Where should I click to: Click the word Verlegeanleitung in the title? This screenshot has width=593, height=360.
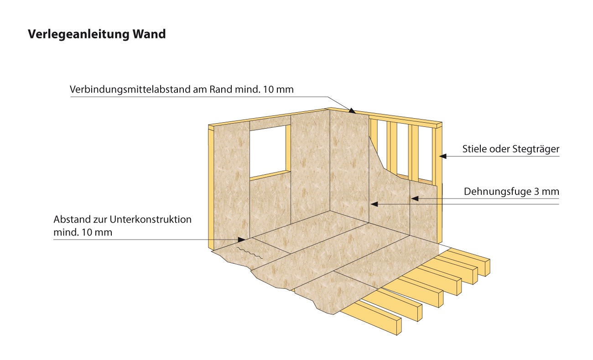tap(78, 34)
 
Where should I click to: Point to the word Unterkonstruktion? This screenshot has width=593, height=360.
tap(151, 219)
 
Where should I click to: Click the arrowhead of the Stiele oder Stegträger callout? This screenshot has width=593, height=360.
tap(442, 156)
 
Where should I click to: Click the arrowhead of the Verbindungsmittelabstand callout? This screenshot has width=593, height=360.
tap(352, 111)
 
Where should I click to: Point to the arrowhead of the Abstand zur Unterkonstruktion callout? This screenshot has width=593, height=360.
tap(241, 240)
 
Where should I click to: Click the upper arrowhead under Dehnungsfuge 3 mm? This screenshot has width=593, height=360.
tap(415, 198)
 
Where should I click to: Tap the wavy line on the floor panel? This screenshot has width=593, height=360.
tap(250, 253)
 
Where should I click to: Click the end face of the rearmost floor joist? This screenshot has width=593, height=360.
tap(487, 268)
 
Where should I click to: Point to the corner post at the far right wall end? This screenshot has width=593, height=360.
tap(439, 183)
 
